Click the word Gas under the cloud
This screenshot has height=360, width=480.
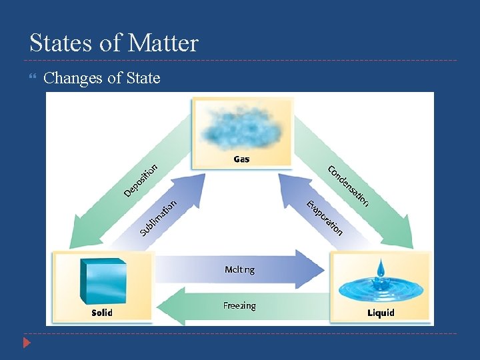coord(241,159)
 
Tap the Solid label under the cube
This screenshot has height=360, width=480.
coord(101,312)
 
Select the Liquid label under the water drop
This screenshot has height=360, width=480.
coord(381,312)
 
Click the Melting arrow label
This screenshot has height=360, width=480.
coord(239,269)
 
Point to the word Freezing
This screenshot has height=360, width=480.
coord(239,305)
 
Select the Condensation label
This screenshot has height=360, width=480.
coord(347,185)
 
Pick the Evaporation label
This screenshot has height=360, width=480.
coord(324,217)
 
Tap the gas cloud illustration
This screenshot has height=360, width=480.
coord(241,127)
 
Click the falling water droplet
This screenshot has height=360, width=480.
coord(380,268)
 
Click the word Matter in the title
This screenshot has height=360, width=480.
coord(163,43)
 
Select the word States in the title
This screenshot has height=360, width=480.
coord(59,43)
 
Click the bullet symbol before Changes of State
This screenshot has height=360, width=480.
coord(35,79)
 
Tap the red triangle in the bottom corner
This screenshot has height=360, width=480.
coord(26,344)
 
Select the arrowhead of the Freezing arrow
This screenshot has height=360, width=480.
coord(167,305)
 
